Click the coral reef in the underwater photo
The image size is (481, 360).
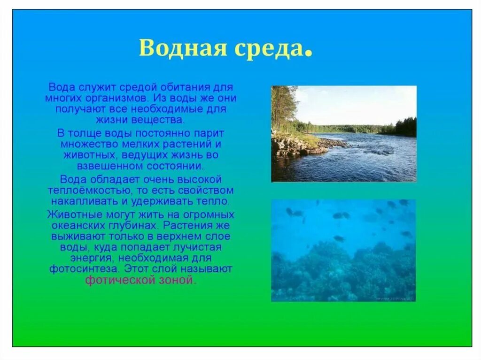[343, 272]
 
